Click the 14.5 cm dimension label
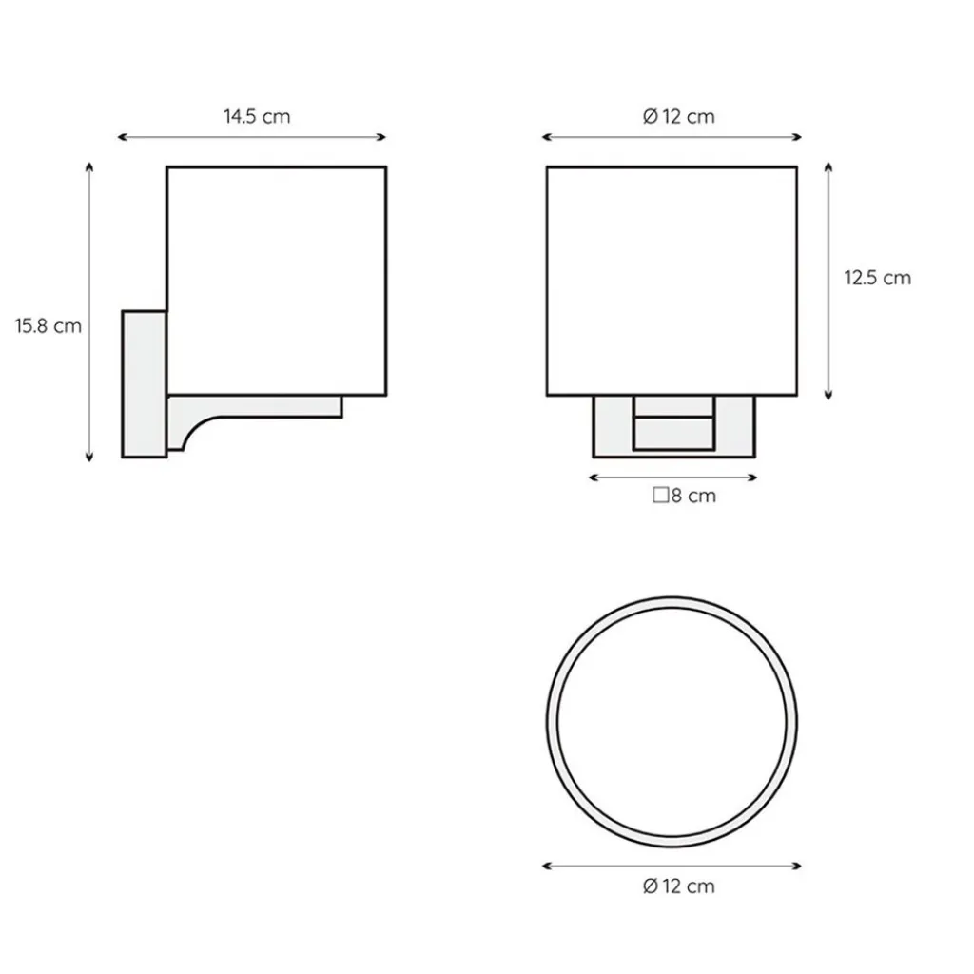(257, 117)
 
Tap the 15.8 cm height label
(49, 326)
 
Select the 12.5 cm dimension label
(877, 278)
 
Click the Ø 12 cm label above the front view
(679, 117)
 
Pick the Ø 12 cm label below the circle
(679, 886)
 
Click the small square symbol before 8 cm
(660, 495)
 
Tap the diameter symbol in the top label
(651, 117)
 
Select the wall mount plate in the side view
(145, 384)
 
